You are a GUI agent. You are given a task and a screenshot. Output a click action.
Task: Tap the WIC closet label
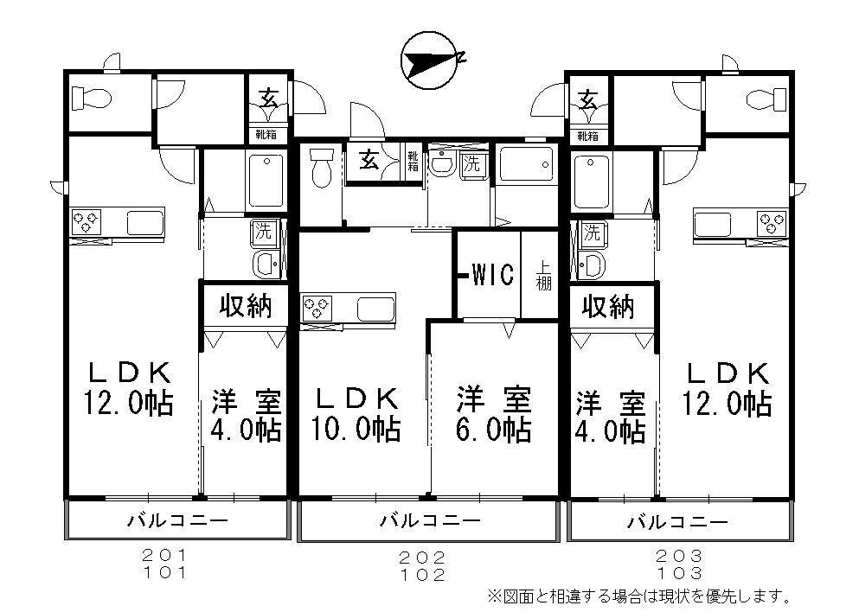click(x=493, y=276)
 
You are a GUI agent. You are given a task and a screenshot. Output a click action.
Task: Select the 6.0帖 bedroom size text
click(x=494, y=428)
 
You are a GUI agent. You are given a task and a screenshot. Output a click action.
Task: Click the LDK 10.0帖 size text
click(x=356, y=429)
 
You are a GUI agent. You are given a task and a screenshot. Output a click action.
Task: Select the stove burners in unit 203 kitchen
click(x=769, y=221)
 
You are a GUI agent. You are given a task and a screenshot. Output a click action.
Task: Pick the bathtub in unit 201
click(x=266, y=180)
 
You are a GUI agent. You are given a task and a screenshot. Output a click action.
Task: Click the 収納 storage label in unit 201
click(x=245, y=305)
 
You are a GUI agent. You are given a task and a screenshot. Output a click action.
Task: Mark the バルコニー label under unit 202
click(x=429, y=520)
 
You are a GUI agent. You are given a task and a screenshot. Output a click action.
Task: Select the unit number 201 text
click(x=164, y=555)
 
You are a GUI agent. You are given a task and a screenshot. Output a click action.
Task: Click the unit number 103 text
click(x=678, y=572)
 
